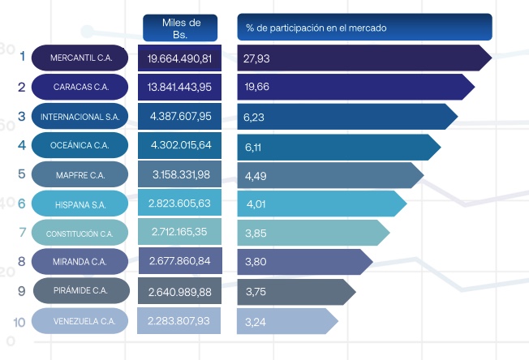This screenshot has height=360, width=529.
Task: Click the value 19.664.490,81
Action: pos(180,58)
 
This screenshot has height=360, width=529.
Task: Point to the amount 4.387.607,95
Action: pos(180,117)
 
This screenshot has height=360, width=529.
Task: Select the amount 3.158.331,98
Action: pos(180,175)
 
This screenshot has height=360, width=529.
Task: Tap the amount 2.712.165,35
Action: pos(180,234)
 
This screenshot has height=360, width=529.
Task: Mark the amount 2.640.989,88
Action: pos(180,292)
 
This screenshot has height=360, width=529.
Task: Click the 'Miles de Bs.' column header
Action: pos(183,28)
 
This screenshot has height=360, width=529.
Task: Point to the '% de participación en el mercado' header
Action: pos(364,27)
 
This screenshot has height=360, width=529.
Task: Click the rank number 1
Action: pos(22,58)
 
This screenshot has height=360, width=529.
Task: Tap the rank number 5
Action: pos(21,174)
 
